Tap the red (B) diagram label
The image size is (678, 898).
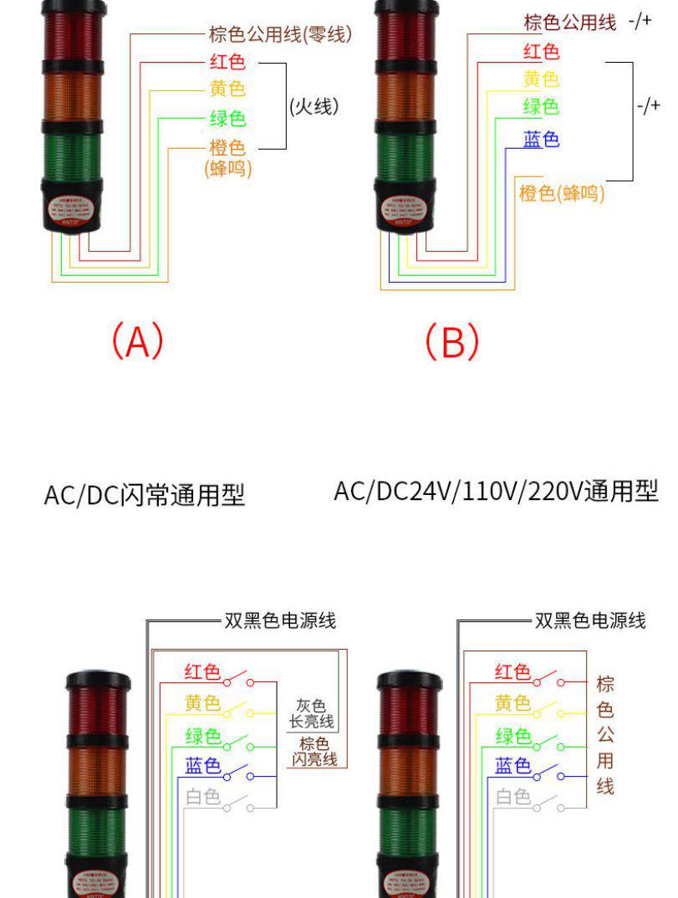pyautogui.click(x=452, y=342)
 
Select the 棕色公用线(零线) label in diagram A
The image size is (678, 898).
pyautogui.click(x=279, y=35)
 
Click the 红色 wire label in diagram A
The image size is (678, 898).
pyautogui.click(x=227, y=62)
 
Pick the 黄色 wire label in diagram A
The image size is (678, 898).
pyautogui.click(x=227, y=89)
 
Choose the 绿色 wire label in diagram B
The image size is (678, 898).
pyautogui.click(x=541, y=107)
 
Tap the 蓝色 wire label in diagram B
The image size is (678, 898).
pyautogui.click(x=541, y=140)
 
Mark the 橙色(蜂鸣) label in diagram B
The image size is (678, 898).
pyautogui.click(x=562, y=194)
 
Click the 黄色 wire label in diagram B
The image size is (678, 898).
pyautogui.click(x=541, y=79)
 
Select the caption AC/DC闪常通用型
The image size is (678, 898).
pyautogui.click(x=144, y=496)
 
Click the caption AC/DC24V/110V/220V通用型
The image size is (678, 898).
pyautogui.click(x=496, y=491)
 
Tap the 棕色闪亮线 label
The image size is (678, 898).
pyautogui.click(x=314, y=752)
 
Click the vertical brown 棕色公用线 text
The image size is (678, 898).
pyautogui.click(x=605, y=736)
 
